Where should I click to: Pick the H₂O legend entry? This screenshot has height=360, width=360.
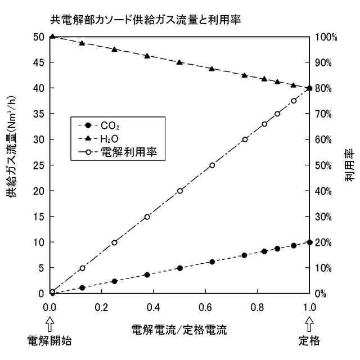112,138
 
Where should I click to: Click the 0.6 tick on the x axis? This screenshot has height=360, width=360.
206,308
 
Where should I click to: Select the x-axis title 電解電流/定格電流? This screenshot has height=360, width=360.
179,328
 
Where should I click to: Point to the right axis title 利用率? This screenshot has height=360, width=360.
350,166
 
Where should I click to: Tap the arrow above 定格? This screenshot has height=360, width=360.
309,323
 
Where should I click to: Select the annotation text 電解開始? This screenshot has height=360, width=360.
51,340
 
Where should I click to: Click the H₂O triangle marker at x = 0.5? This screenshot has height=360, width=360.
180,62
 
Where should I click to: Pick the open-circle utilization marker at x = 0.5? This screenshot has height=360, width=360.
180,191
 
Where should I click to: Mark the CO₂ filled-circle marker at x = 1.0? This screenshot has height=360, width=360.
309,242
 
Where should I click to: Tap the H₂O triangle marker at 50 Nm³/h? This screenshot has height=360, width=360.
52,37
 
